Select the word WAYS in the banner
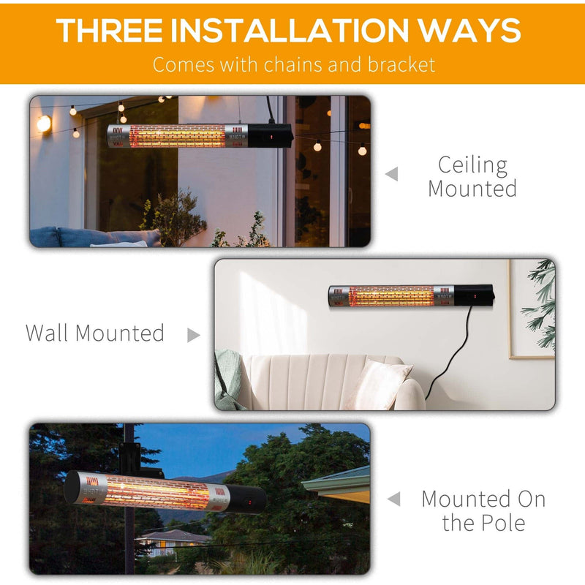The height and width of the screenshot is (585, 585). (480, 30)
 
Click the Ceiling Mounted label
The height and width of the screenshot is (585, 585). (472, 176)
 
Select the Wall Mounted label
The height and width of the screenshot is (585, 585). (95, 333)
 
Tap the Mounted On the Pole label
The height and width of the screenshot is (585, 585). (483, 510)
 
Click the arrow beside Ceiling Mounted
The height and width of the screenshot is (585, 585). (393, 174)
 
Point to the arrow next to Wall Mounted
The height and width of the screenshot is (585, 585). (193, 335)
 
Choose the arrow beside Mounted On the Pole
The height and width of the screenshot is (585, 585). (393, 499)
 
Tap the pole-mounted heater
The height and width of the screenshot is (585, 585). (165, 491)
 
